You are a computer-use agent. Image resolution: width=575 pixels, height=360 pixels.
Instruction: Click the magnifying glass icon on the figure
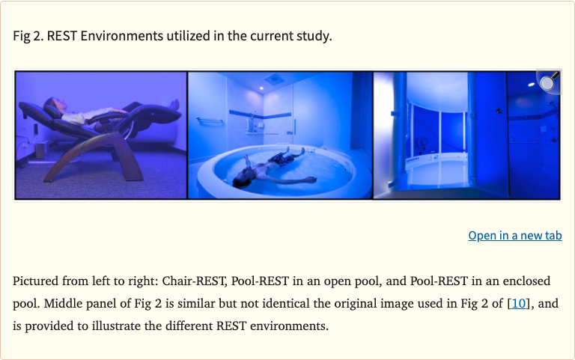pyautogui.click(x=548, y=82)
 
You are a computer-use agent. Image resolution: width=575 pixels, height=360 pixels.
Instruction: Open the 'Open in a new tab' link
pyautogui.click(x=515, y=235)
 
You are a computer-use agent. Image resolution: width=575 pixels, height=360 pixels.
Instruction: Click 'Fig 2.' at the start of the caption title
pyautogui.click(x=28, y=36)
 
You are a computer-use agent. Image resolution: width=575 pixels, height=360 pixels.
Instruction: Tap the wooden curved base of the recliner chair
pyautogui.click(x=82, y=161)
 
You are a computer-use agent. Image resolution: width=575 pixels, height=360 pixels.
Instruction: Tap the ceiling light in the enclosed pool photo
pyautogui.click(x=531, y=84)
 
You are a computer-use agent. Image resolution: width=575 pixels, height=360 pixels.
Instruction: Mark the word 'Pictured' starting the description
pyautogui.click(x=36, y=281)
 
